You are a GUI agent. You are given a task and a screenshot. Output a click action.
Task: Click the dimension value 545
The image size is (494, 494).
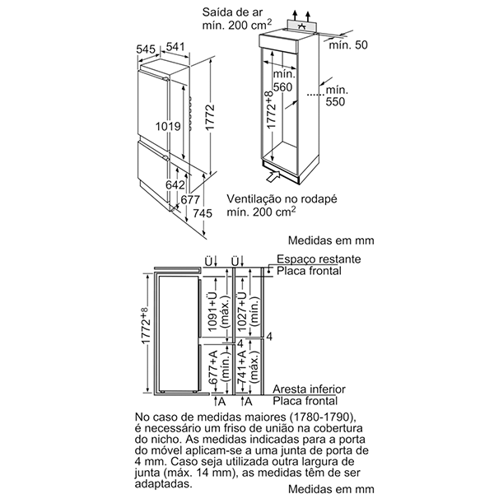coord(147,49)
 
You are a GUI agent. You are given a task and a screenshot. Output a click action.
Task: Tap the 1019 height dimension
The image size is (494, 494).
coord(169,127)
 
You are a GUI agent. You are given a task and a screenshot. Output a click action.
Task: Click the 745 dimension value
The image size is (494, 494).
coord(203,213)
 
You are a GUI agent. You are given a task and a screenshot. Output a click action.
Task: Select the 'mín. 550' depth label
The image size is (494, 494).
coord(337,97)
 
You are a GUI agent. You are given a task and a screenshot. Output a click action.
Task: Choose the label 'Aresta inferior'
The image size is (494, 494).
coord(310,389)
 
